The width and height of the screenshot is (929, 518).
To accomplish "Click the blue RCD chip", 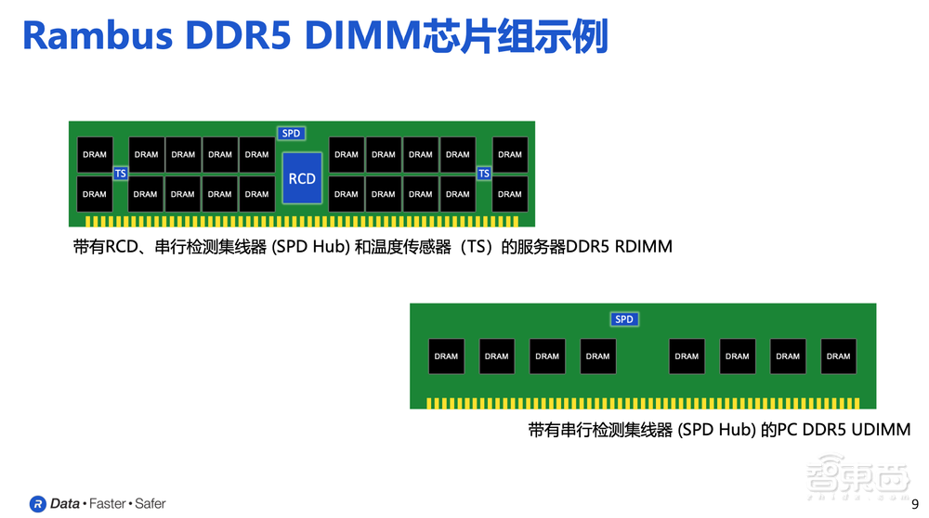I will (302, 178).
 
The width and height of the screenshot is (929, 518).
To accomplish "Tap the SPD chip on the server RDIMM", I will (292, 134).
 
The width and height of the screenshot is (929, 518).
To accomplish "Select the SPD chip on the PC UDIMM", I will (624, 319).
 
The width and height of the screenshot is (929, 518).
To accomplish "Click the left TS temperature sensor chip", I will (120, 174).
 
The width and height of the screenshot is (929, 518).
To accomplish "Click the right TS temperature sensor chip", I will (483, 174).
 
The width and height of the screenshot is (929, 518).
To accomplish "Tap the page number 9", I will (914, 503).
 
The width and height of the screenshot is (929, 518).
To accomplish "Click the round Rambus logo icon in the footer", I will (37, 504).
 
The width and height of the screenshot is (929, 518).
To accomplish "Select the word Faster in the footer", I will (108, 504).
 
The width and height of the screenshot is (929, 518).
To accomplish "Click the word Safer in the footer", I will (150, 504).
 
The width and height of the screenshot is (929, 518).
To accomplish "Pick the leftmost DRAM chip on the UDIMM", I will (446, 356).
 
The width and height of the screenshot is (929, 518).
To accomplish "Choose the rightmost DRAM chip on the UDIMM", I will (838, 356).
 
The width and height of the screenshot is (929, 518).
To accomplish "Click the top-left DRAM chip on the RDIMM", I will (95, 155).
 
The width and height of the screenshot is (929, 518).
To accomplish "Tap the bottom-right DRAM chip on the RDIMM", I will (510, 194).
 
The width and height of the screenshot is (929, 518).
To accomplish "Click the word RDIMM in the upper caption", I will (644, 248).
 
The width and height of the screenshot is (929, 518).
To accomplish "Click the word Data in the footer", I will (65, 504).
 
